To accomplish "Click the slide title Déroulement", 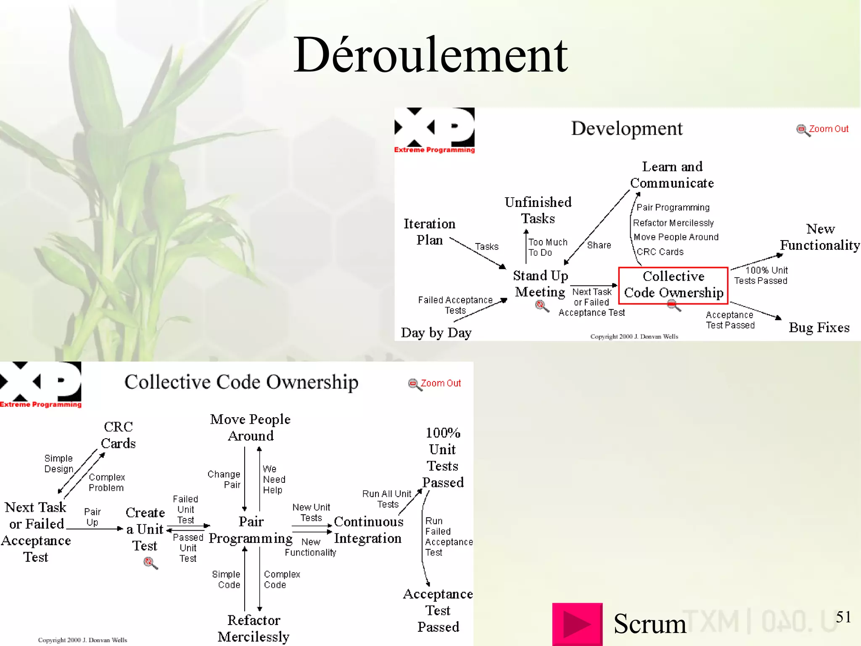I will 430,55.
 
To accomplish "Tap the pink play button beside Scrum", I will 577,624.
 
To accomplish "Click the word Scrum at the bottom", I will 650,624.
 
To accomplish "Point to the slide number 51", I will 843,617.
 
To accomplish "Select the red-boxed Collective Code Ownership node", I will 673,285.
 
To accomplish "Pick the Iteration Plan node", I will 429,232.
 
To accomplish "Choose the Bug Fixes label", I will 819,328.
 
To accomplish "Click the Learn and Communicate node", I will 672,175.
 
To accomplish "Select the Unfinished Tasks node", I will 538,210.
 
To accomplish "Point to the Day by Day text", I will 436,333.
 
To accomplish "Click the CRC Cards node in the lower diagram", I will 118,435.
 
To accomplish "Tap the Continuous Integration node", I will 368,530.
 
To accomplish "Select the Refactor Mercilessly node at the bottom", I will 254,628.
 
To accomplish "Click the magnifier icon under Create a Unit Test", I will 150,563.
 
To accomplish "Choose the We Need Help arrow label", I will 274,479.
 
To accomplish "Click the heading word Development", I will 626,128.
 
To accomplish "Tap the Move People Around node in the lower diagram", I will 251,427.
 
